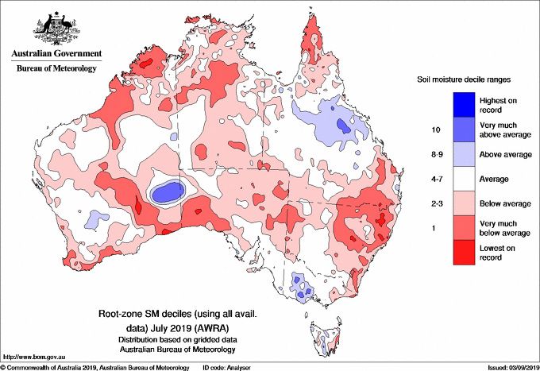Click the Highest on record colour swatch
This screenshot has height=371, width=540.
pyautogui.click(x=464, y=105)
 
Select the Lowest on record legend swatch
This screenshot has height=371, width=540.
pyautogui.click(x=464, y=253)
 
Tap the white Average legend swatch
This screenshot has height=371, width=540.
pyautogui.click(x=464, y=179)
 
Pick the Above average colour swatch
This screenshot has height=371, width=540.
pyautogui.click(x=464, y=154)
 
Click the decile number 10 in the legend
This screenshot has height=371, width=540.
pyautogui.click(x=436, y=129)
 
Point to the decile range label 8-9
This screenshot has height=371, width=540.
pyautogui.click(x=437, y=154)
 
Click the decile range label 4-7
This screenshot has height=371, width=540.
pyautogui.click(x=437, y=179)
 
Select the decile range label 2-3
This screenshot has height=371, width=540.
pyautogui.click(x=437, y=203)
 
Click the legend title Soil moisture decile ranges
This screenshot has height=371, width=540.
pyautogui.click(x=464, y=79)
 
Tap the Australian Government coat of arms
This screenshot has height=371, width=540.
pyautogui.click(x=57, y=28)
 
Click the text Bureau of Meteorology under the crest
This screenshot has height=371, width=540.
pyautogui.click(x=56, y=68)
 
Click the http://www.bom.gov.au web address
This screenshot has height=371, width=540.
pyautogui.click(x=34, y=357)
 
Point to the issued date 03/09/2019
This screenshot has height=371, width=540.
pyautogui.click(x=524, y=368)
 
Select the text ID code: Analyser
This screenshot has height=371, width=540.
pyautogui.click(x=226, y=368)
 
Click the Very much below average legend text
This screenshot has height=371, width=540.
pyautogui.click(x=505, y=228)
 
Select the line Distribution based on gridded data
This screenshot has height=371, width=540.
pyautogui.click(x=178, y=340)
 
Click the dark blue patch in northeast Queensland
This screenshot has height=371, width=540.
pyautogui.click(x=343, y=126)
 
